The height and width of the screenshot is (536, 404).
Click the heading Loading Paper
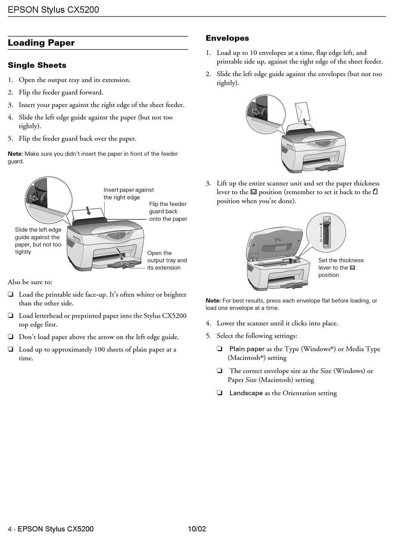tap(41, 43)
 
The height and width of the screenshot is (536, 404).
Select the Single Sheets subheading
tap(37, 66)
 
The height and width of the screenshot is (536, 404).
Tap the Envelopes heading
tap(227, 38)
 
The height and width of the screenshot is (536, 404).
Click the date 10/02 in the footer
tap(197, 529)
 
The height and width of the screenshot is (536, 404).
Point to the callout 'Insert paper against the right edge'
tap(128, 194)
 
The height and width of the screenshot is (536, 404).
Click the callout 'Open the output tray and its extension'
tap(167, 260)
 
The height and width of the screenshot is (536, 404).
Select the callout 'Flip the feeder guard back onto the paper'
tap(168, 211)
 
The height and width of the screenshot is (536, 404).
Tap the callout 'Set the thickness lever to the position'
tap(341, 268)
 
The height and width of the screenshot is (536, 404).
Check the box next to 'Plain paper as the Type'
tap(219, 349)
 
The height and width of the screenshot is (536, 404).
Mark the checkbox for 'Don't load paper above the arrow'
tap(11, 337)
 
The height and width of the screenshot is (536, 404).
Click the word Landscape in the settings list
tap(246, 393)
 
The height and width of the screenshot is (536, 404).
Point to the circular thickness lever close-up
tap(326, 232)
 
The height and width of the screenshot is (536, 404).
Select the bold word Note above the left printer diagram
tap(15, 154)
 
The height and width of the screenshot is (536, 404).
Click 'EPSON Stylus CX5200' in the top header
tap(53, 9)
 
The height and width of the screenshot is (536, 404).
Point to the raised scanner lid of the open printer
tap(276, 243)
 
